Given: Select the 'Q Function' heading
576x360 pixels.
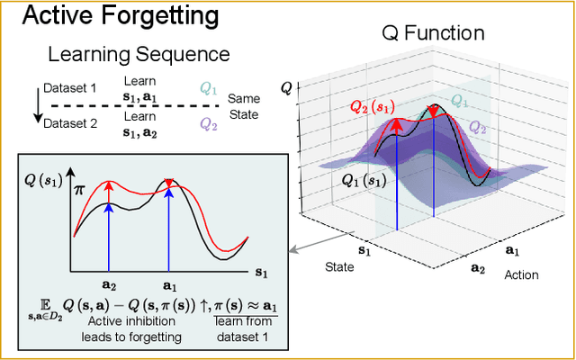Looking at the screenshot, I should (x=433, y=34).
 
